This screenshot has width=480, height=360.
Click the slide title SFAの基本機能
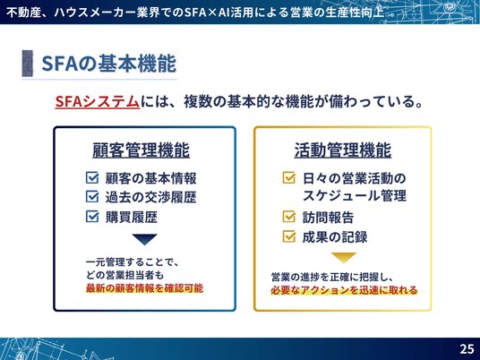[x=108, y=64]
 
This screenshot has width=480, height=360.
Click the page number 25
[x=467, y=349]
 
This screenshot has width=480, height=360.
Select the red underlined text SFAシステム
[x=98, y=101]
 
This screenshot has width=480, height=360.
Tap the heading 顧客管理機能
[x=141, y=150]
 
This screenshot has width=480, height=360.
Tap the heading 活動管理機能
[x=343, y=150]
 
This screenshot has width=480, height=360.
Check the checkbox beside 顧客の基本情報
[x=92, y=177]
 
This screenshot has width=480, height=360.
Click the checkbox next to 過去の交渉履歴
[x=92, y=197]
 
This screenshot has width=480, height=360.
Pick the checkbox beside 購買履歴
[x=92, y=217]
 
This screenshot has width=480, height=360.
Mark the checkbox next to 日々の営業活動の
[x=289, y=177]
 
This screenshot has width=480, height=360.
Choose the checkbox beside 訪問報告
[x=289, y=217]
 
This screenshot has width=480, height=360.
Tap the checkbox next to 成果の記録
[x=289, y=236]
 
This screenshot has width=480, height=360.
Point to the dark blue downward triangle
[x=145, y=239]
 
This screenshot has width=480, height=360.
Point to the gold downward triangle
[x=344, y=258]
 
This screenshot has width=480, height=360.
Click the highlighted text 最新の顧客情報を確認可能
[x=144, y=288]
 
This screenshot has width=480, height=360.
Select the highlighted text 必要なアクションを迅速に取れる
[x=344, y=290]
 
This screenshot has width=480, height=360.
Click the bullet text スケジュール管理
[x=355, y=195]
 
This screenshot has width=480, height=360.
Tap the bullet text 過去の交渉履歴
[x=151, y=197]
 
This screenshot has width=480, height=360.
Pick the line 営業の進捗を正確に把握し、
[x=332, y=277]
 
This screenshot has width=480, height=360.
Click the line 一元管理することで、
[x=133, y=262]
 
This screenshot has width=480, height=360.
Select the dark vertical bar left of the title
[x=28, y=64]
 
